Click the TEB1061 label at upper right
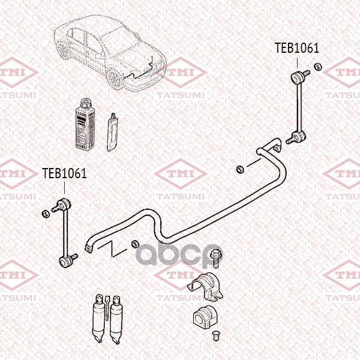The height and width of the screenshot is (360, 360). click(297, 48)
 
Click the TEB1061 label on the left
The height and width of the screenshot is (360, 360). click(65, 173)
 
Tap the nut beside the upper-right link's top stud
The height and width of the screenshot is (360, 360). click(318, 67)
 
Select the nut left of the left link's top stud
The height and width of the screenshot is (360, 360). click(46, 214)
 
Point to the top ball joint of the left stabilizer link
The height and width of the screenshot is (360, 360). click(65, 204)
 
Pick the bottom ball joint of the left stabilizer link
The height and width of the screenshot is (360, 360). click(65, 262)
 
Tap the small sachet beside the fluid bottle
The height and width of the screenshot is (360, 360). click(112, 133)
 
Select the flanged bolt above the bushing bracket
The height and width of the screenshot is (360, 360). click(215, 257)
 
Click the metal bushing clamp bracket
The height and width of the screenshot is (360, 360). click(206, 287)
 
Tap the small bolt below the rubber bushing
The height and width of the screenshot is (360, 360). click(215, 335)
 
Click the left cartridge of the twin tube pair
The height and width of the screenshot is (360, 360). click(98, 319)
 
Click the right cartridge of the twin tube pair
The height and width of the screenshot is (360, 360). click(116, 320)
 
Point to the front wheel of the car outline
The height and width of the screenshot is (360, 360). click(115, 79)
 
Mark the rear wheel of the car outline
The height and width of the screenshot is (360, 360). click(62, 50)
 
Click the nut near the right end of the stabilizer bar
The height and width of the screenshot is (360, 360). click(240, 169)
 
